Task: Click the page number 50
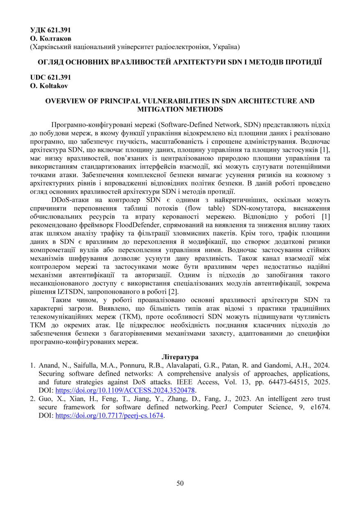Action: [180, 483]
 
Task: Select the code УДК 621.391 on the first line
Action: [51, 30]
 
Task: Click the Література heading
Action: [180, 356]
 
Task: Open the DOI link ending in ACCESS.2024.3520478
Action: [125, 390]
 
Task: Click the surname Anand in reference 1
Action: [48, 365]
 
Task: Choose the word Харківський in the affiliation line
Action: [51, 47]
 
